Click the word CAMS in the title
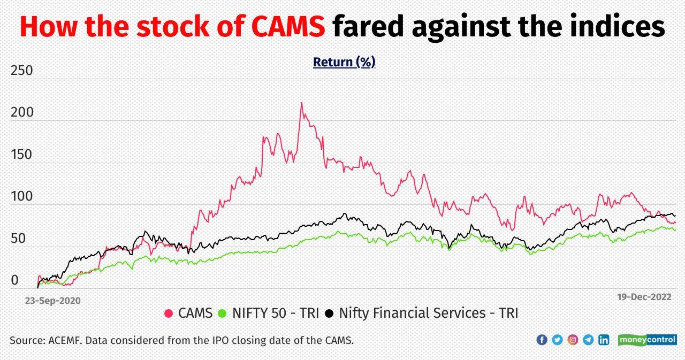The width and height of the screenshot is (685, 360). (288, 27)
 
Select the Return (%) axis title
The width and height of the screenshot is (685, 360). (344, 62)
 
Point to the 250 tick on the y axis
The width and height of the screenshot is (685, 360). (21, 71)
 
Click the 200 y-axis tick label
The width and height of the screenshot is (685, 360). (21, 113)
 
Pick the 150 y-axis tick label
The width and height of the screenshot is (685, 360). (21, 155)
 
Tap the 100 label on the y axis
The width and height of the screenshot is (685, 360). (21, 197)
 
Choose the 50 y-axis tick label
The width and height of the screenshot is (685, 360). (18, 239)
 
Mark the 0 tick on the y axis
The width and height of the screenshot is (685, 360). (14, 280)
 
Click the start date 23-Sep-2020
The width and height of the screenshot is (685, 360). (52, 301)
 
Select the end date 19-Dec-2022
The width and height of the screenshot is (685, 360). (644, 297)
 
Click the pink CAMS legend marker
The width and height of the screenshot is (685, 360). (169, 313)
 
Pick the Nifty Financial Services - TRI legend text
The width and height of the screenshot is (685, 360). (428, 313)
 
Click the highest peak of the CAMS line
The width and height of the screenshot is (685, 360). (301, 103)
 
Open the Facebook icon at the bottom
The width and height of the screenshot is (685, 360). (542, 340)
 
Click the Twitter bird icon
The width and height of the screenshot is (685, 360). (557, 340)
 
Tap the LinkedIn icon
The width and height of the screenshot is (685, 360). (604, 340)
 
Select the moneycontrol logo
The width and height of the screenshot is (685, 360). (647, 340)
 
